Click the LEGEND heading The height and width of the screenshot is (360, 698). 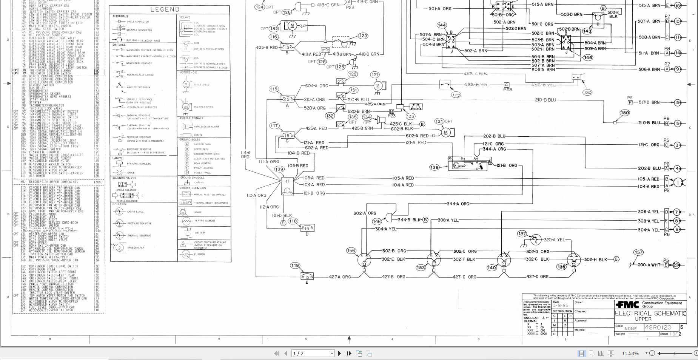click(x=165, y=9)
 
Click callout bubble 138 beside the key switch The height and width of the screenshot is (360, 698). click(x=434, y=167)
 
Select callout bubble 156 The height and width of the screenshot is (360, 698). click(x=351, y=250)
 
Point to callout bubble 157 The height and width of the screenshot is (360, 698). click(x=638, y=252)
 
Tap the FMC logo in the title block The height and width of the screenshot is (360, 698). click(x=627, y=304)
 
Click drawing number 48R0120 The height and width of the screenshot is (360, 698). click(x=658, y=328)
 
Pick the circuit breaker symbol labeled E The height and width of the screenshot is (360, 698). click(x=307, y=277)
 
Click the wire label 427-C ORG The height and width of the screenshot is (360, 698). click(x=464, y=277)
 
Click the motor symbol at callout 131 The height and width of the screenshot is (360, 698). click(x=446, y=133)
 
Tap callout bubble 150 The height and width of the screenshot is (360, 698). click(x=625, y=113)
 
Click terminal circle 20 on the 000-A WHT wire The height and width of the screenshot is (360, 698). click(x=676, y=265)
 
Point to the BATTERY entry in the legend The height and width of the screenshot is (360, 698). click(x=200, y=233)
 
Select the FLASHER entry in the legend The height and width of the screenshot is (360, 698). click(x=200, y=254)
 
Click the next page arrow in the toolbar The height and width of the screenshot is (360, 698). click(x=339, y=353)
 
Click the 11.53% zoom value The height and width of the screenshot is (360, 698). click(x=630, y=353)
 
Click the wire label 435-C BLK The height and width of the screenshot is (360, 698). click(x=476, y=74)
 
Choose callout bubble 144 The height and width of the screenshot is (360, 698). click(x=442, y=25)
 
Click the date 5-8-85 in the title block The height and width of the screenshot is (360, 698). click(x=561, y=305)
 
